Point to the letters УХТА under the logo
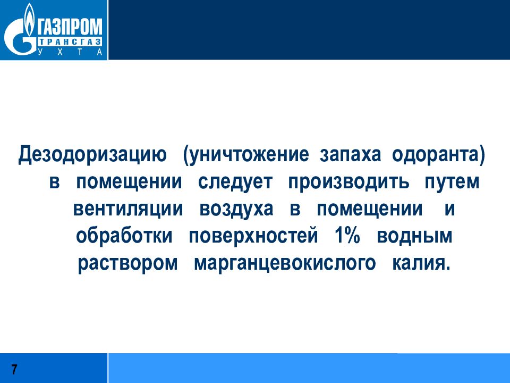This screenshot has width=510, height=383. click(x=69, y=52)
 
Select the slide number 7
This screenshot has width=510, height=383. click(x=14, y=370)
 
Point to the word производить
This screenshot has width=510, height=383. click(x=349, y=182)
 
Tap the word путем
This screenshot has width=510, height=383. click(x=452, y=182)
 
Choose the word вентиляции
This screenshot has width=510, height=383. click(x=127, y=209)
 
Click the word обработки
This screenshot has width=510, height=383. click(x=124, y=236)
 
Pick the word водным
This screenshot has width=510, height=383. click(x=415, y=236)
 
